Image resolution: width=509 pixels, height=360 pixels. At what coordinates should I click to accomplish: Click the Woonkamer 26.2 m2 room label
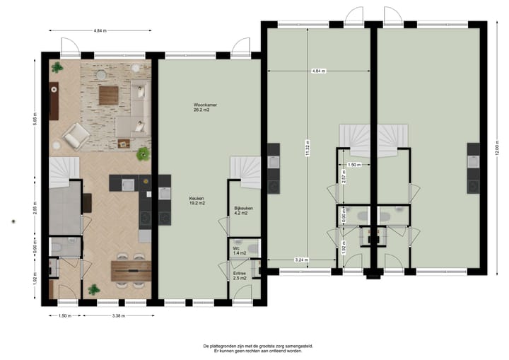tap(205, 107)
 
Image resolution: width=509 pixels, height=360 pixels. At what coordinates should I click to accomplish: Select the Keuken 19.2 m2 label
tap(197, 201)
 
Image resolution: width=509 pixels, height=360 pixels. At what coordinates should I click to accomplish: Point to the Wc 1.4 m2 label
tap(240, 250)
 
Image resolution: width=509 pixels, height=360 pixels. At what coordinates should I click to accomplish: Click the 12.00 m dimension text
tap(498, 149)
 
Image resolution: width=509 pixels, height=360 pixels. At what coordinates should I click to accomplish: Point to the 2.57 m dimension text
tap(343, 179)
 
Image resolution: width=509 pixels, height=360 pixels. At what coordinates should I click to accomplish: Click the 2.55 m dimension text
tap(35, 209)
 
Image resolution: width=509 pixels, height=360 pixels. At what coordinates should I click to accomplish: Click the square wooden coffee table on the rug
tap(109, 94)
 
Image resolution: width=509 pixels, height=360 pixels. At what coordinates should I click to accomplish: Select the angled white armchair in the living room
tap(74, 137)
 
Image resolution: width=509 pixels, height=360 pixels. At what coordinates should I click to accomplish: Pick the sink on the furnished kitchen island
tap(128, 185)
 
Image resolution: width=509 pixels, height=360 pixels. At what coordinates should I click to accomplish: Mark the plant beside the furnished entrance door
tap(93, 289)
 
